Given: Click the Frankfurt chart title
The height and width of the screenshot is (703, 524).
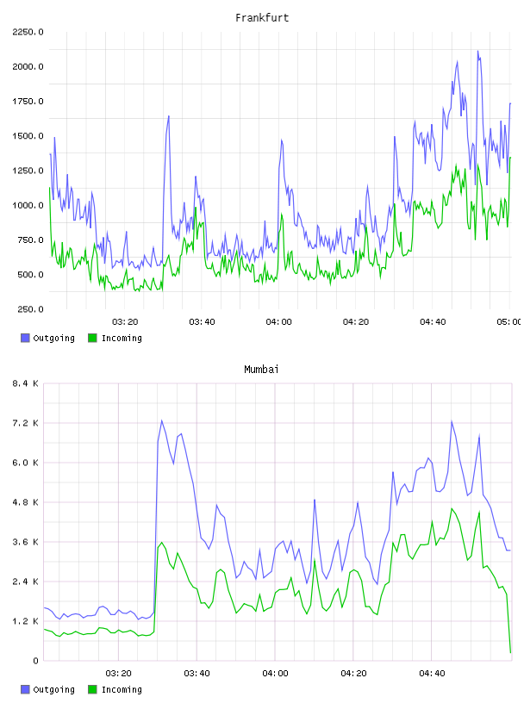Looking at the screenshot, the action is [262, 18].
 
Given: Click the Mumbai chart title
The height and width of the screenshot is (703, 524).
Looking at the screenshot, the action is [261, 370].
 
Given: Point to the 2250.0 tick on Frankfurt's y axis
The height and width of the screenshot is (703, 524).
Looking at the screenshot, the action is [28, 32].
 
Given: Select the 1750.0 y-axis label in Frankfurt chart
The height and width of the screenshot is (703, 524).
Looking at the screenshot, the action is [28, 102].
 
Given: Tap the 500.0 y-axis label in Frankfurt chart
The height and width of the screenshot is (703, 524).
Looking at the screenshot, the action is [30, 275].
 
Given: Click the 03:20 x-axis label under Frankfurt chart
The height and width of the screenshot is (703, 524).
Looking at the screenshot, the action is [125, 322].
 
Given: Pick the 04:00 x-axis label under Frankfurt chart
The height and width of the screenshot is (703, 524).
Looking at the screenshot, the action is [278, 322].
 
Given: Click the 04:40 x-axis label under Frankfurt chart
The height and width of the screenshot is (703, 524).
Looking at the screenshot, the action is [433, 322].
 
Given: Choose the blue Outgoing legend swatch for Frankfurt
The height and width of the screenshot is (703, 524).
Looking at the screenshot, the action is [25, 338].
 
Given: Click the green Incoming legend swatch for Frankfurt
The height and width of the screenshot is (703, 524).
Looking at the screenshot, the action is [92, 338].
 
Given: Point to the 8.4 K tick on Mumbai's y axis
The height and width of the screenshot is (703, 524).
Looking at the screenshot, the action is [25, 383].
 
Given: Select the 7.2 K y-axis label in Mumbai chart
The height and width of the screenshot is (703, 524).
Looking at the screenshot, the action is [25, 423].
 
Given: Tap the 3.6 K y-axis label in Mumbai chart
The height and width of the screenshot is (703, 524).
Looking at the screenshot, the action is [25, 542].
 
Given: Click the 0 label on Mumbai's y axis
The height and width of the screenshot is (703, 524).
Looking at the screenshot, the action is [35, 661].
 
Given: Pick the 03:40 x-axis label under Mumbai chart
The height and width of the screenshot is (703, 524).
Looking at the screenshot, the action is [196, 674].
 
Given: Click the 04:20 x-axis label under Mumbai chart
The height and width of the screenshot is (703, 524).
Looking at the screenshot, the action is [353, 674].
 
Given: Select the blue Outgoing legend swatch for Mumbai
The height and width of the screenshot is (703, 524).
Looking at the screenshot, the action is [25, 689].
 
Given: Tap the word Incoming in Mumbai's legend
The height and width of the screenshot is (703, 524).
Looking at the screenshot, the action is [122, 690].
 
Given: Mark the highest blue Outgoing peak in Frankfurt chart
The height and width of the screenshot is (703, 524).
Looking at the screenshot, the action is [477, 51].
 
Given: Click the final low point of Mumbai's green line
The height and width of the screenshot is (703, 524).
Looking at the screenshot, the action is [510, 652].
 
